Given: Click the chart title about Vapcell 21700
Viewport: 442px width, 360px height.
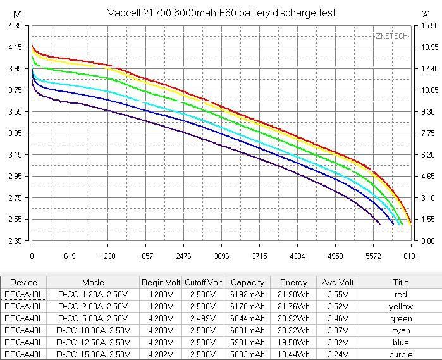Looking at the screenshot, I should pos(221,13).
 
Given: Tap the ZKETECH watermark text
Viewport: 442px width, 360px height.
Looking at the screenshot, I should pos(391,36).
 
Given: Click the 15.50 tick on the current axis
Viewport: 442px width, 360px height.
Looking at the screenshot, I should pos(429,26).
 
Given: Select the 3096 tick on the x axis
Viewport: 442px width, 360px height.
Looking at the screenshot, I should pos(221,256).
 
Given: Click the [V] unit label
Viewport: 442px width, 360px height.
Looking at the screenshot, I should pos(17,13).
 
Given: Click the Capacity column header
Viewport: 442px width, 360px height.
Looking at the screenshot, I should pos(248,282).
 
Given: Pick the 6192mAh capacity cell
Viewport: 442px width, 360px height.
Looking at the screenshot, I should pos(248,294).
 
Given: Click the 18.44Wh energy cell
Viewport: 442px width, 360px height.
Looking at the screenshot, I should pos(293,354).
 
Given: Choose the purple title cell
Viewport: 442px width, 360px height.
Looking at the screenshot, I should pos(401,354).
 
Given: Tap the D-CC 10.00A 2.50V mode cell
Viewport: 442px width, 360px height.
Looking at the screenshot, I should pos(93,330).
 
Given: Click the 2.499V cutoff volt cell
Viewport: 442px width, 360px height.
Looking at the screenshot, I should pos(203,318).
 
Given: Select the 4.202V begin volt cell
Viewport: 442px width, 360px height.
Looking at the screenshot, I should pos(161,354).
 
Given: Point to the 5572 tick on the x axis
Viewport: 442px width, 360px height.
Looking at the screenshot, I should pos(373,256).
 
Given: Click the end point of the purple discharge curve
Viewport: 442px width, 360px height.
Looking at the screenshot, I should pos(380,224).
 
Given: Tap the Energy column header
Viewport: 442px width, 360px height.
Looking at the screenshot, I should pos(293,282).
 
